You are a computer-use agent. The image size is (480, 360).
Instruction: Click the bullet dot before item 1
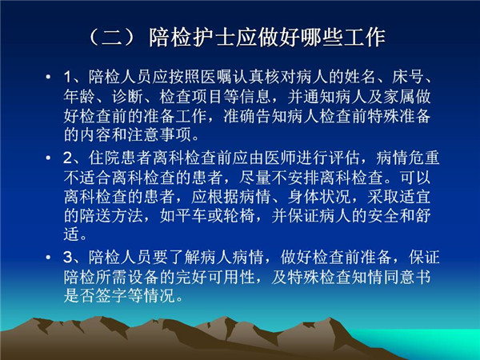48,77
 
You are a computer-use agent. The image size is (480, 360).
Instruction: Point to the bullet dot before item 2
48,158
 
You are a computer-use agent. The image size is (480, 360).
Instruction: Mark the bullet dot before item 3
48,257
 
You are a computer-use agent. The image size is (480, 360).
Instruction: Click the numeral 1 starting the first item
67,77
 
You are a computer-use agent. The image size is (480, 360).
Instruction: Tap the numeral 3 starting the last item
67,258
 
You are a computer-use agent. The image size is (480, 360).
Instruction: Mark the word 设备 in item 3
144,277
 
